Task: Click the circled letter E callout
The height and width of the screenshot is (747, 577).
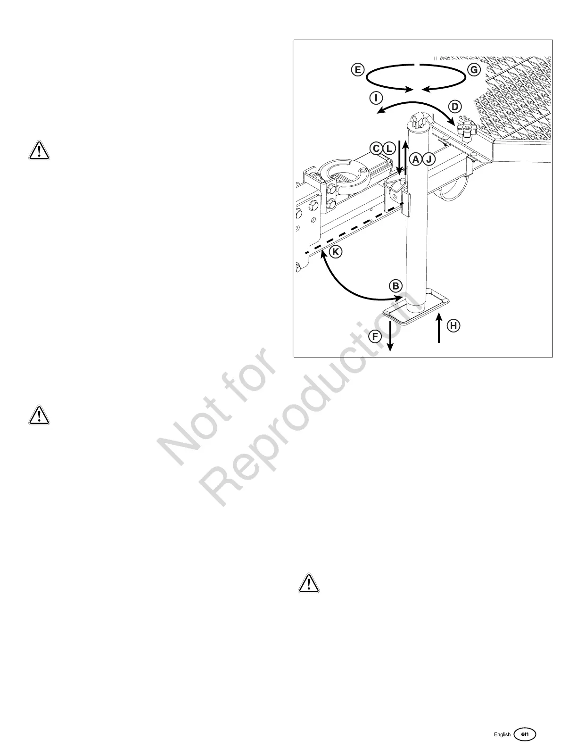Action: pos(357,70)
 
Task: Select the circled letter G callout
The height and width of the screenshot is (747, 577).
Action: pos(474,70)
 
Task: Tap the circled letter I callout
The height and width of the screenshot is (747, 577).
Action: pos(376,98)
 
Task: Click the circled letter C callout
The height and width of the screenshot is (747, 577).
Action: pos(376,148)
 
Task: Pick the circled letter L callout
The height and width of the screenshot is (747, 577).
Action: pos(388,148)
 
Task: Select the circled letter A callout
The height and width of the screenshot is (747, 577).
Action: pos(416,159)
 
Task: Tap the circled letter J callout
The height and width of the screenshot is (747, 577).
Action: pos(429,159)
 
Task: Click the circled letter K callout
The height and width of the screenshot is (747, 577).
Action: pos(335,252)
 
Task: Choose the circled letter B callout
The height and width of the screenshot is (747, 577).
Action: pos(396,286)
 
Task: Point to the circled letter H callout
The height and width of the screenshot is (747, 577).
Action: pos(453,325)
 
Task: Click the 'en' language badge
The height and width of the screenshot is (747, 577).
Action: pos(525,734)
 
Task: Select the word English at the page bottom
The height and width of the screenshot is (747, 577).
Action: pos(502,735)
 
